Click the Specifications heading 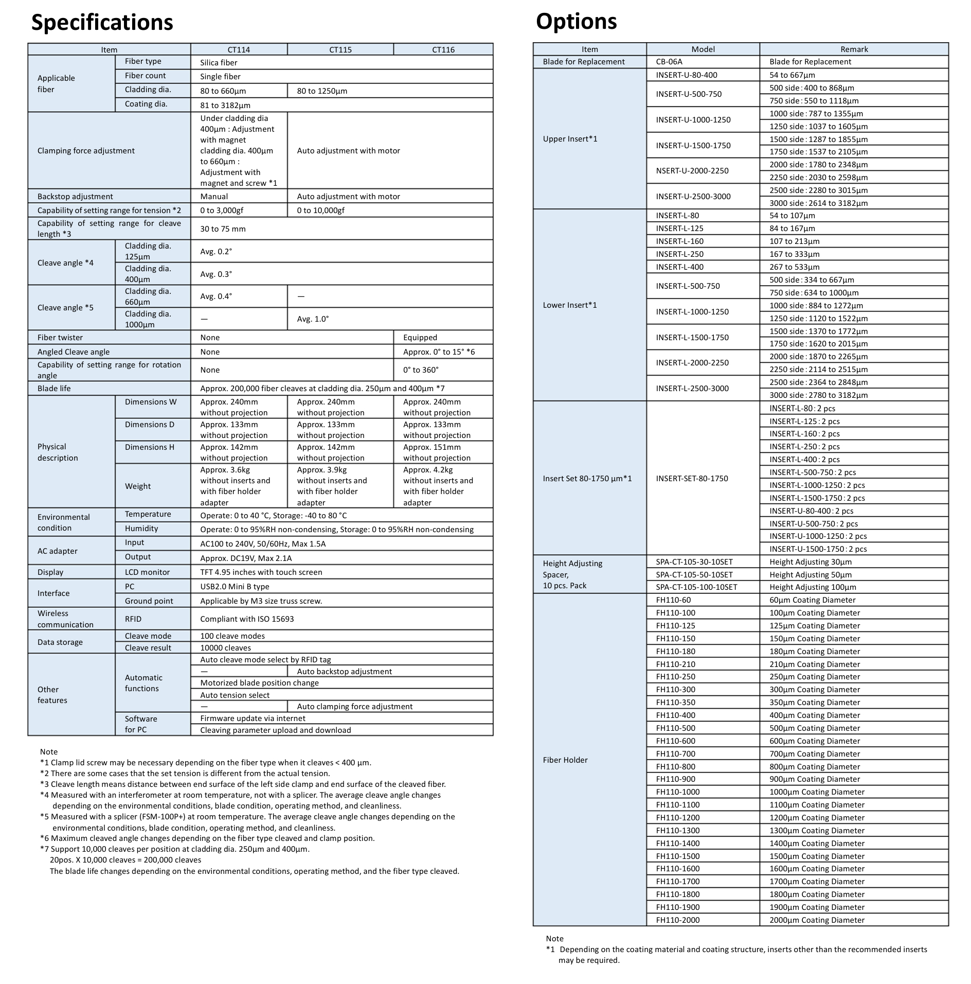(102, 23)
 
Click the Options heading (576, 22)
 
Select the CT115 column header (340, 49)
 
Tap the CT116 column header (443, 49)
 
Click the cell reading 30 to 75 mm (223, 229)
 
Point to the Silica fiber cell (219, 63)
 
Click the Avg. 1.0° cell (313, 319)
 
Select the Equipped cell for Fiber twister (420, 338)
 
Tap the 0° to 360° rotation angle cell (421, 370)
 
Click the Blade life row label (54, 389)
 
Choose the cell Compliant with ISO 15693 (247, 619)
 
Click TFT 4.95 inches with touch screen (261, 572)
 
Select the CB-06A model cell (669, 62)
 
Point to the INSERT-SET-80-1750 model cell (692, 479)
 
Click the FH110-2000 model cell (678, 920)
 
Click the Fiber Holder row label (565, 760)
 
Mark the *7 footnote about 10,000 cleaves (175, 849)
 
